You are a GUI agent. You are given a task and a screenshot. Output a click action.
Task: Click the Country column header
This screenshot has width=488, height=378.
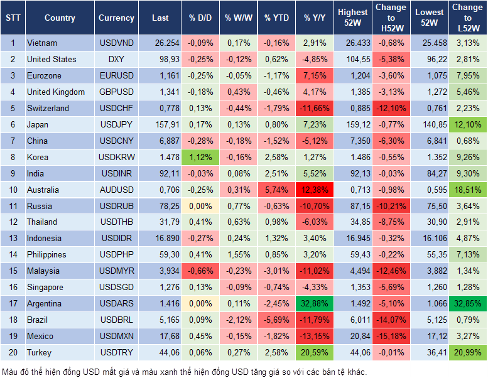click(60, 18)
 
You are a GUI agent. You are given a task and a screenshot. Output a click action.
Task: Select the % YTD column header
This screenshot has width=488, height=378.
click(276, 18)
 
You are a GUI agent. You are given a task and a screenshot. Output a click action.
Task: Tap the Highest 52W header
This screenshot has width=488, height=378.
click(352, 18)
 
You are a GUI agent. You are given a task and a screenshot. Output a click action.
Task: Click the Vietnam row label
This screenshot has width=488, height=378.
click(42, 43)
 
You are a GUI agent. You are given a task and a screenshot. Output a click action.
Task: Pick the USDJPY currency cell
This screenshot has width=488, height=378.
click(116, 124)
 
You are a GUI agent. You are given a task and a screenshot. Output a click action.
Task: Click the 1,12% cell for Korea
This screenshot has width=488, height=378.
click(200, 157)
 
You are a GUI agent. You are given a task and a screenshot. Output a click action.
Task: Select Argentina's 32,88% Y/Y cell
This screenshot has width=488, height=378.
click(315, 303)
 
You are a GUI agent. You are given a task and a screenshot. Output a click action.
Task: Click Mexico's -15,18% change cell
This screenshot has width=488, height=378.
click(391, 336)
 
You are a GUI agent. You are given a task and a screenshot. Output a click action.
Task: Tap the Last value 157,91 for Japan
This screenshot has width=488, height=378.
click(160, 124)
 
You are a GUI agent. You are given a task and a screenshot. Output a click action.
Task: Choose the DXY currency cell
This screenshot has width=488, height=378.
click(116, 60)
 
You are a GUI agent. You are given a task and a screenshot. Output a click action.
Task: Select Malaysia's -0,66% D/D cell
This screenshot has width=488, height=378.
click(200, 271)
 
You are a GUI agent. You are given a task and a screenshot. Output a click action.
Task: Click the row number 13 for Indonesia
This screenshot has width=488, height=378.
click(13, 238)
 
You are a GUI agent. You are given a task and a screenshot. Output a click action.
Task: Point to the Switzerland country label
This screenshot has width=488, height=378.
click(48, 108)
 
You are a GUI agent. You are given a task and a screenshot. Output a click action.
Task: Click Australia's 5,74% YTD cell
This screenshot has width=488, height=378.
click(276, 190)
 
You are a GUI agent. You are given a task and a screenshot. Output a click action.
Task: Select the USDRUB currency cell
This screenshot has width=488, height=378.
click(116, 206)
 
